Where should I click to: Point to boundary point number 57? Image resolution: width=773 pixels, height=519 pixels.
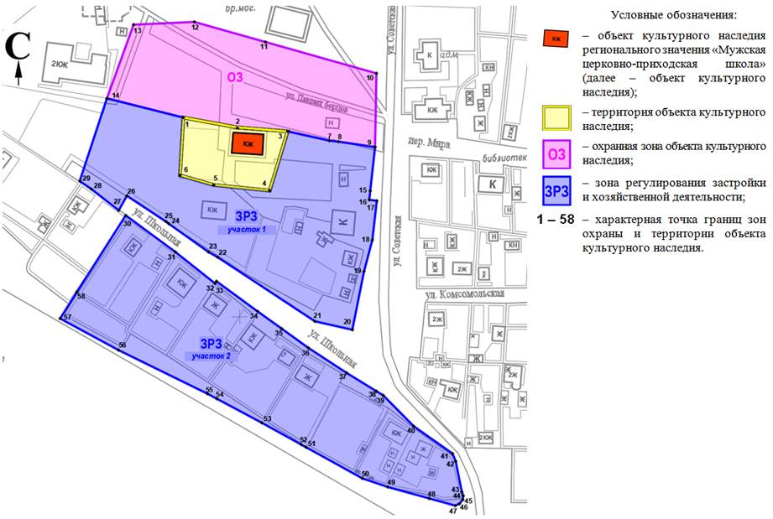coord(62,318)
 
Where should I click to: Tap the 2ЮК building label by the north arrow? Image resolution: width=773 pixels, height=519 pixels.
coord(60,65)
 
